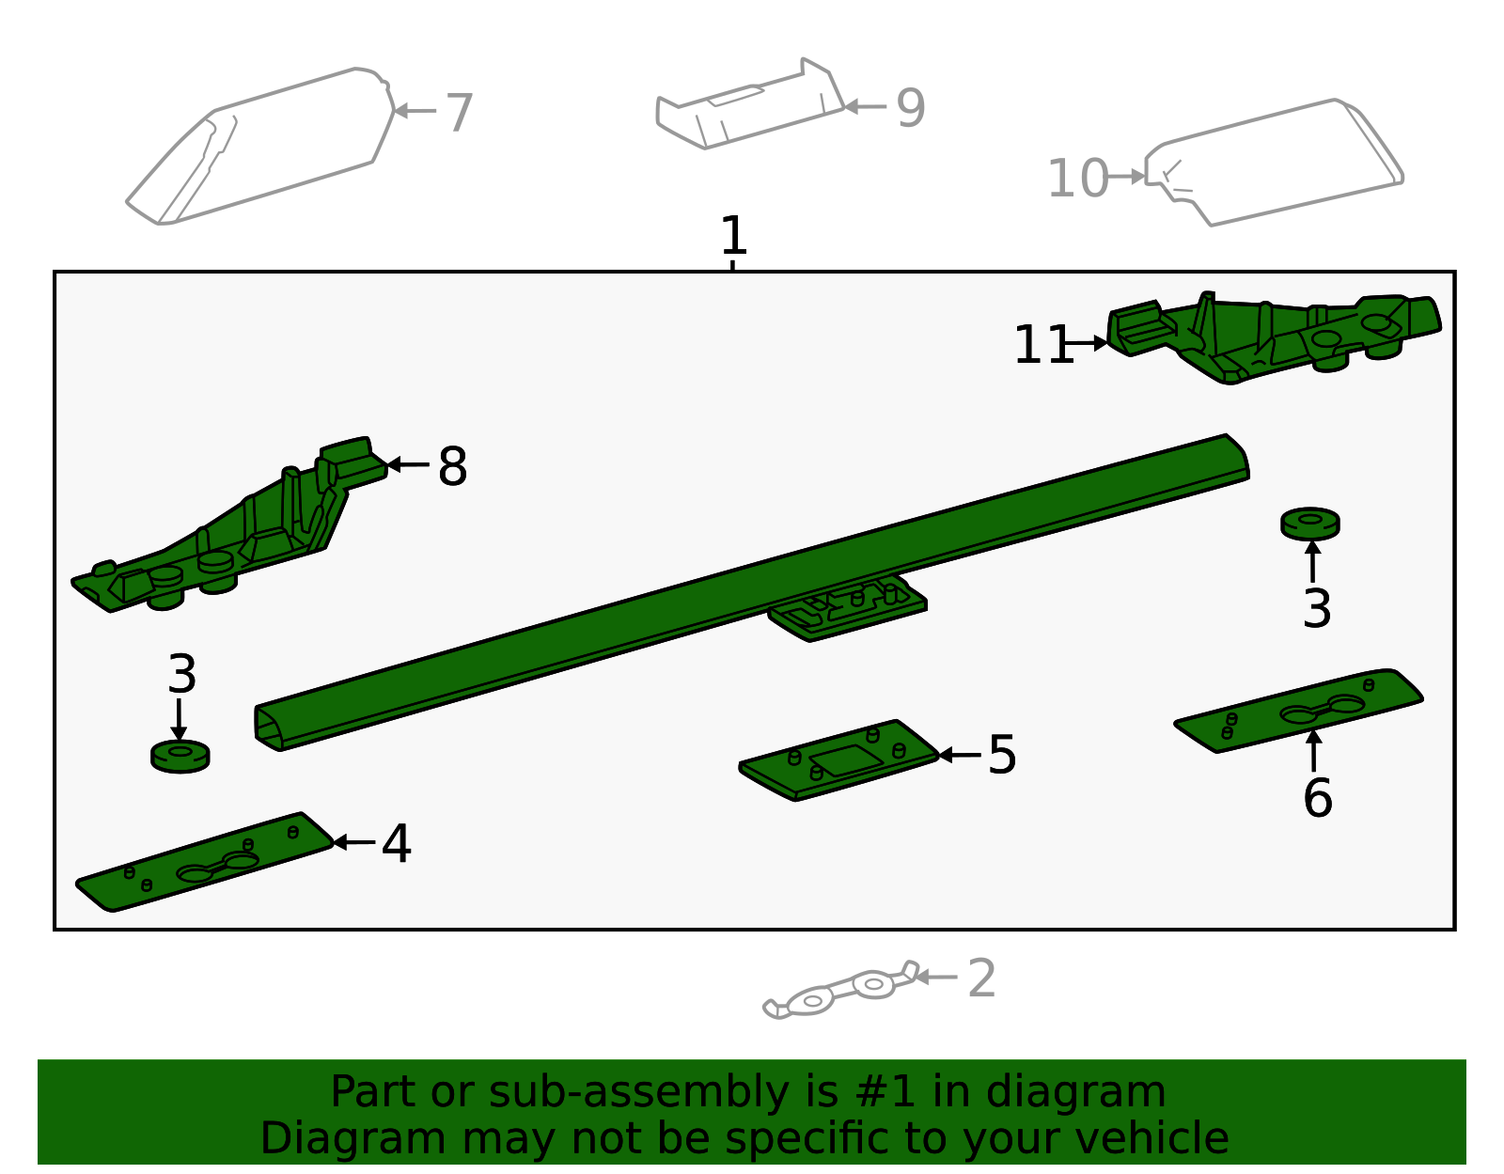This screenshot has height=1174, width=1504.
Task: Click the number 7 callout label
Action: pos(459,113)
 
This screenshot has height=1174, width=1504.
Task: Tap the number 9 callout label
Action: pos(910,108)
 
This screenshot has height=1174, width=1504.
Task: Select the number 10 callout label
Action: pos(1077,179)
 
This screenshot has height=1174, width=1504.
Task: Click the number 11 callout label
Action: pos(1042,345)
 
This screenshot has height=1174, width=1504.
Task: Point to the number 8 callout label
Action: pos(452,466)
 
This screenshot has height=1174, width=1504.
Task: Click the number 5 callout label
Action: pos(1002,756)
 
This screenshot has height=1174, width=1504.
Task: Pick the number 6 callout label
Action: pos(1317,798)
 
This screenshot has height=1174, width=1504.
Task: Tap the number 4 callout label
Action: pos(396,844)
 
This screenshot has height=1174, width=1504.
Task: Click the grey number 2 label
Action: pos(981,979)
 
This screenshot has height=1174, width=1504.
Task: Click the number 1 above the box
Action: pos(733,236)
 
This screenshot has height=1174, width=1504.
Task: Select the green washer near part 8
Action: pos(180,756)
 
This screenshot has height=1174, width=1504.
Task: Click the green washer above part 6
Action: pos(1309,524)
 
